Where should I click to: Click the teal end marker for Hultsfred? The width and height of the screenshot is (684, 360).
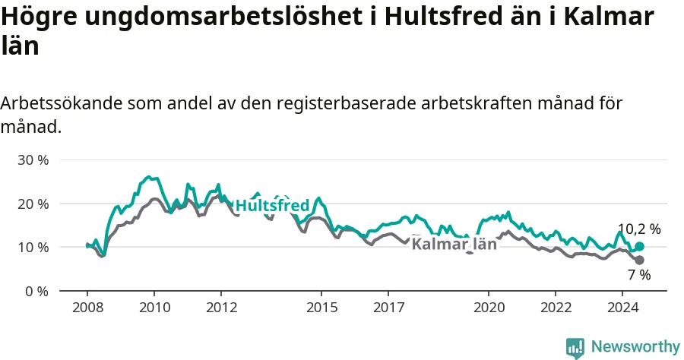click(639, 247)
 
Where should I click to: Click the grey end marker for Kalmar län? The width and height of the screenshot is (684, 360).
click(639, 261)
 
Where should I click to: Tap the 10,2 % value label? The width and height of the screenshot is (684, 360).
click(639, 229)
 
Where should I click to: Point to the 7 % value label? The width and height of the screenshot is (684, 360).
click(639, 275)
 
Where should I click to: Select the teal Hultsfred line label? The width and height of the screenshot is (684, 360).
click(272, 205)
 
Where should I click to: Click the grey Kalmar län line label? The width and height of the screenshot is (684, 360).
click(454, 244)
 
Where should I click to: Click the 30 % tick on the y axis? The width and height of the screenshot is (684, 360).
click(33, 160)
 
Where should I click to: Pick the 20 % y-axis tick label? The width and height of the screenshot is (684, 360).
click(33, 204)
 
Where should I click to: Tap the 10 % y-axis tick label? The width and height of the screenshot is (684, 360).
click(33, 247)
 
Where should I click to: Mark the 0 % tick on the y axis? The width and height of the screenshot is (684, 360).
click(36, 291)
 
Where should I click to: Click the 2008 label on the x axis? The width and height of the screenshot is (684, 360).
click(87, 308)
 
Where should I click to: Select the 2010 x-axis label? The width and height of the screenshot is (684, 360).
click(154, 308)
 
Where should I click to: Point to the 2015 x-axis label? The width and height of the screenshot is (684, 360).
click(322, 308)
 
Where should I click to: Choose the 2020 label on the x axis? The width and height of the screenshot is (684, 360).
click(489, 308)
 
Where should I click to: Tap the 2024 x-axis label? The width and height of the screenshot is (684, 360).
click(623, 308)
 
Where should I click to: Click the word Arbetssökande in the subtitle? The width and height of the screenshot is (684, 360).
click(61, 103)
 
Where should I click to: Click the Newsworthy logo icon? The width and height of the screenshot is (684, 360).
click(575, 348)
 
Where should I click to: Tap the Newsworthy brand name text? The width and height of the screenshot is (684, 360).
click(635, 347)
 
